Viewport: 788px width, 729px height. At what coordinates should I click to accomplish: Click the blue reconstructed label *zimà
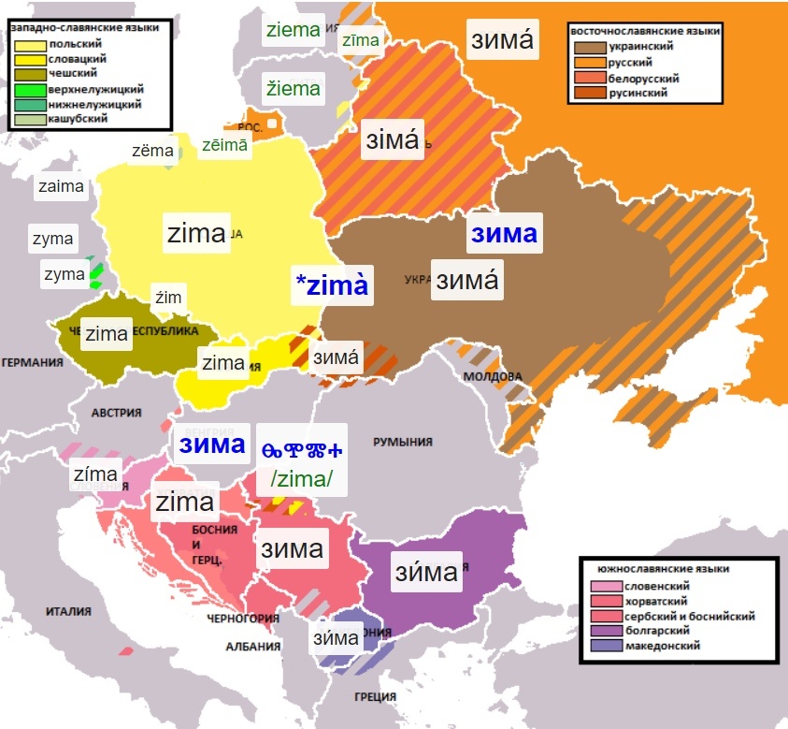[332, 286]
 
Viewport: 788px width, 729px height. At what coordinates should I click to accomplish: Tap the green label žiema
[294, 89]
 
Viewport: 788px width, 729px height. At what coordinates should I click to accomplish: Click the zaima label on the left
[62, 186]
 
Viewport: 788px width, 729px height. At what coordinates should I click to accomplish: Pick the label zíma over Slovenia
[96, 474]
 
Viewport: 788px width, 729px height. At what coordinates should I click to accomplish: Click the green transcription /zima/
[303, 480]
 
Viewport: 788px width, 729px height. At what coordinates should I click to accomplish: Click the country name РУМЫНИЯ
[404, 442]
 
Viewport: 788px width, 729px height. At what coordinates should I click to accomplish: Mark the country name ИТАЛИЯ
[68, 612]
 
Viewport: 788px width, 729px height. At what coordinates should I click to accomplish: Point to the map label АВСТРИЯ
[116, 412]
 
